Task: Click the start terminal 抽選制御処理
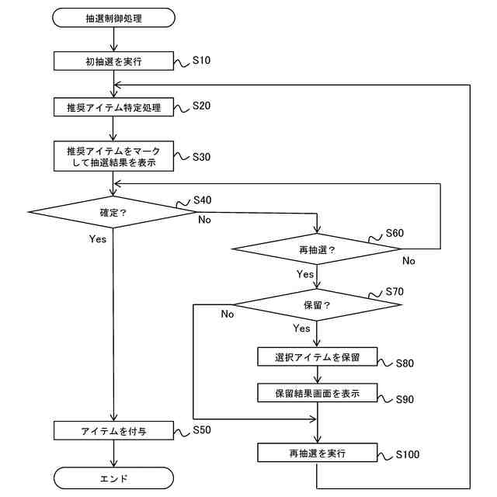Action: tap(113, 16)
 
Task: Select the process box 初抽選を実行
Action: tap(113, 61)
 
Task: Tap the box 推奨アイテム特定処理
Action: tap(113, 107)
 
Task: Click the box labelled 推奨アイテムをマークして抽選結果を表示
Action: tap(113, 155)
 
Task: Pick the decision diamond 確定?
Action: tap(113, 211)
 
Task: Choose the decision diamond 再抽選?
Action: tap(317, 250)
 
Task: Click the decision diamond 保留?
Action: tap(317, 304)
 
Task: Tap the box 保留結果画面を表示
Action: tap(317, 393)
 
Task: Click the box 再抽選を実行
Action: tap(317, 452)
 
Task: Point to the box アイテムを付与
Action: tap(113, 430)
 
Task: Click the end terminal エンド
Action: tap(113, 478)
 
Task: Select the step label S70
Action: tap(394, 293)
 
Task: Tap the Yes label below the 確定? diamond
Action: tap(97, 239)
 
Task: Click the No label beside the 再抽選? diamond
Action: tap(409, 262)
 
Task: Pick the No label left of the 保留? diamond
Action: tap(228, 315)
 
